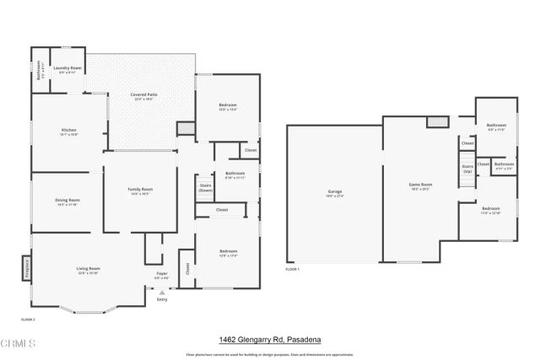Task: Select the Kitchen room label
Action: tap(68, 130)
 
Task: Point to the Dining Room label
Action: tap(67, 201)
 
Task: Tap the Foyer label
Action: tap(162, 273)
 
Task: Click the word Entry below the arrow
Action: tap(162, 299)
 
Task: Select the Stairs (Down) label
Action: tap(204, 187)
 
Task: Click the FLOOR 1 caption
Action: tap(293, 269)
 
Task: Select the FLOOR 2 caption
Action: tap(29, 319)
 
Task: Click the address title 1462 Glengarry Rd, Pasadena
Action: tap(270, 339)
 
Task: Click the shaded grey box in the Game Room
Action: tap(437, 122)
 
